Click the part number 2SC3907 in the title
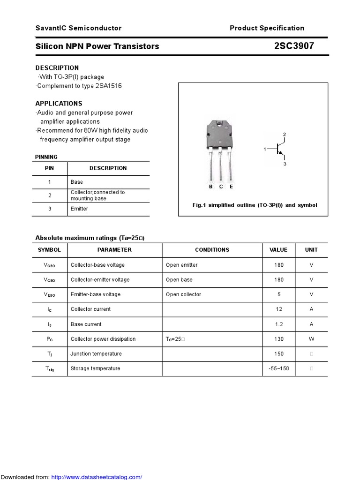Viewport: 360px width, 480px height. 294,46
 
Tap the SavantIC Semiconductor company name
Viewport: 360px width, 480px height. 78,28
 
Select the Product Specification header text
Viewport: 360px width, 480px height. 267,28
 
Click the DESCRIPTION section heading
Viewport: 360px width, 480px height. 57,67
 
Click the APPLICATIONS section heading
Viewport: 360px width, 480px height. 59,104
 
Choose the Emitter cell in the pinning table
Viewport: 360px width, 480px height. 79,209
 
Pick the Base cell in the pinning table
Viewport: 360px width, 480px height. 76,182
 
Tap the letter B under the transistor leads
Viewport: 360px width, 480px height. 211,187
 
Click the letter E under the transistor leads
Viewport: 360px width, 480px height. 231,187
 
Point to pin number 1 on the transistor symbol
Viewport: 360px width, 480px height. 265,149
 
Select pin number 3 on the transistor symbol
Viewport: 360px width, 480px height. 285,164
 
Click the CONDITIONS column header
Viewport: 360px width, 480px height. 212,250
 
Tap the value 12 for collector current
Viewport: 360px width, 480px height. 279,309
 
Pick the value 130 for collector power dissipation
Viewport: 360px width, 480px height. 279,338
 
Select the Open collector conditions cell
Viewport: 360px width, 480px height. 183,294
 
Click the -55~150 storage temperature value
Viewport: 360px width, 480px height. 279,368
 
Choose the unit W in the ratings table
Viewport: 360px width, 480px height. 311,338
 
